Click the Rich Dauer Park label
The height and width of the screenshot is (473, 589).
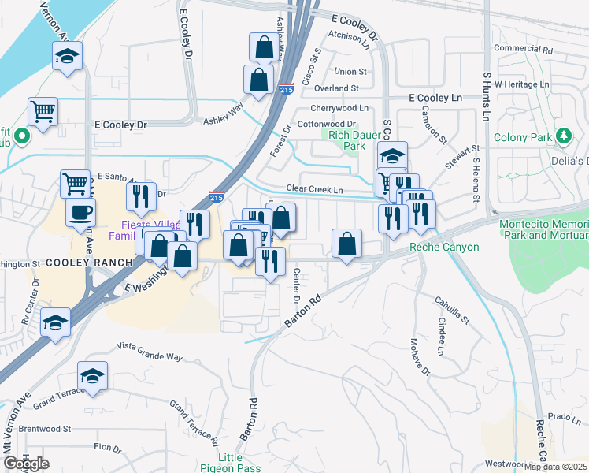coord(346,140)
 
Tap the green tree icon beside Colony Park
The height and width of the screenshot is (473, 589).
coord(564,137)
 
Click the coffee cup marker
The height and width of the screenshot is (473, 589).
coord(81,211)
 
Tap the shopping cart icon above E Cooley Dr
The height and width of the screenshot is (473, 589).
coord(43,110)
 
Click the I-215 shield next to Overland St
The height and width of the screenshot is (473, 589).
coord(286,89)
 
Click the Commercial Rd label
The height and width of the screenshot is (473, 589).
coord(524,49)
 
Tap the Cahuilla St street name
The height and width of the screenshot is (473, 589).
coord(453,310)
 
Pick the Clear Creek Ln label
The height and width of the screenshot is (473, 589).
coord(315,189)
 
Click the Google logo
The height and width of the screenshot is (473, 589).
coord(26,464)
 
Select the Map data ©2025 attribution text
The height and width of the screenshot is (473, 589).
coord(555,467)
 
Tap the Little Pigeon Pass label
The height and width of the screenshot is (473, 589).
coord(231,463)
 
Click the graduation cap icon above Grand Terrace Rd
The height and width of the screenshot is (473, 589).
coord(92,375)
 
